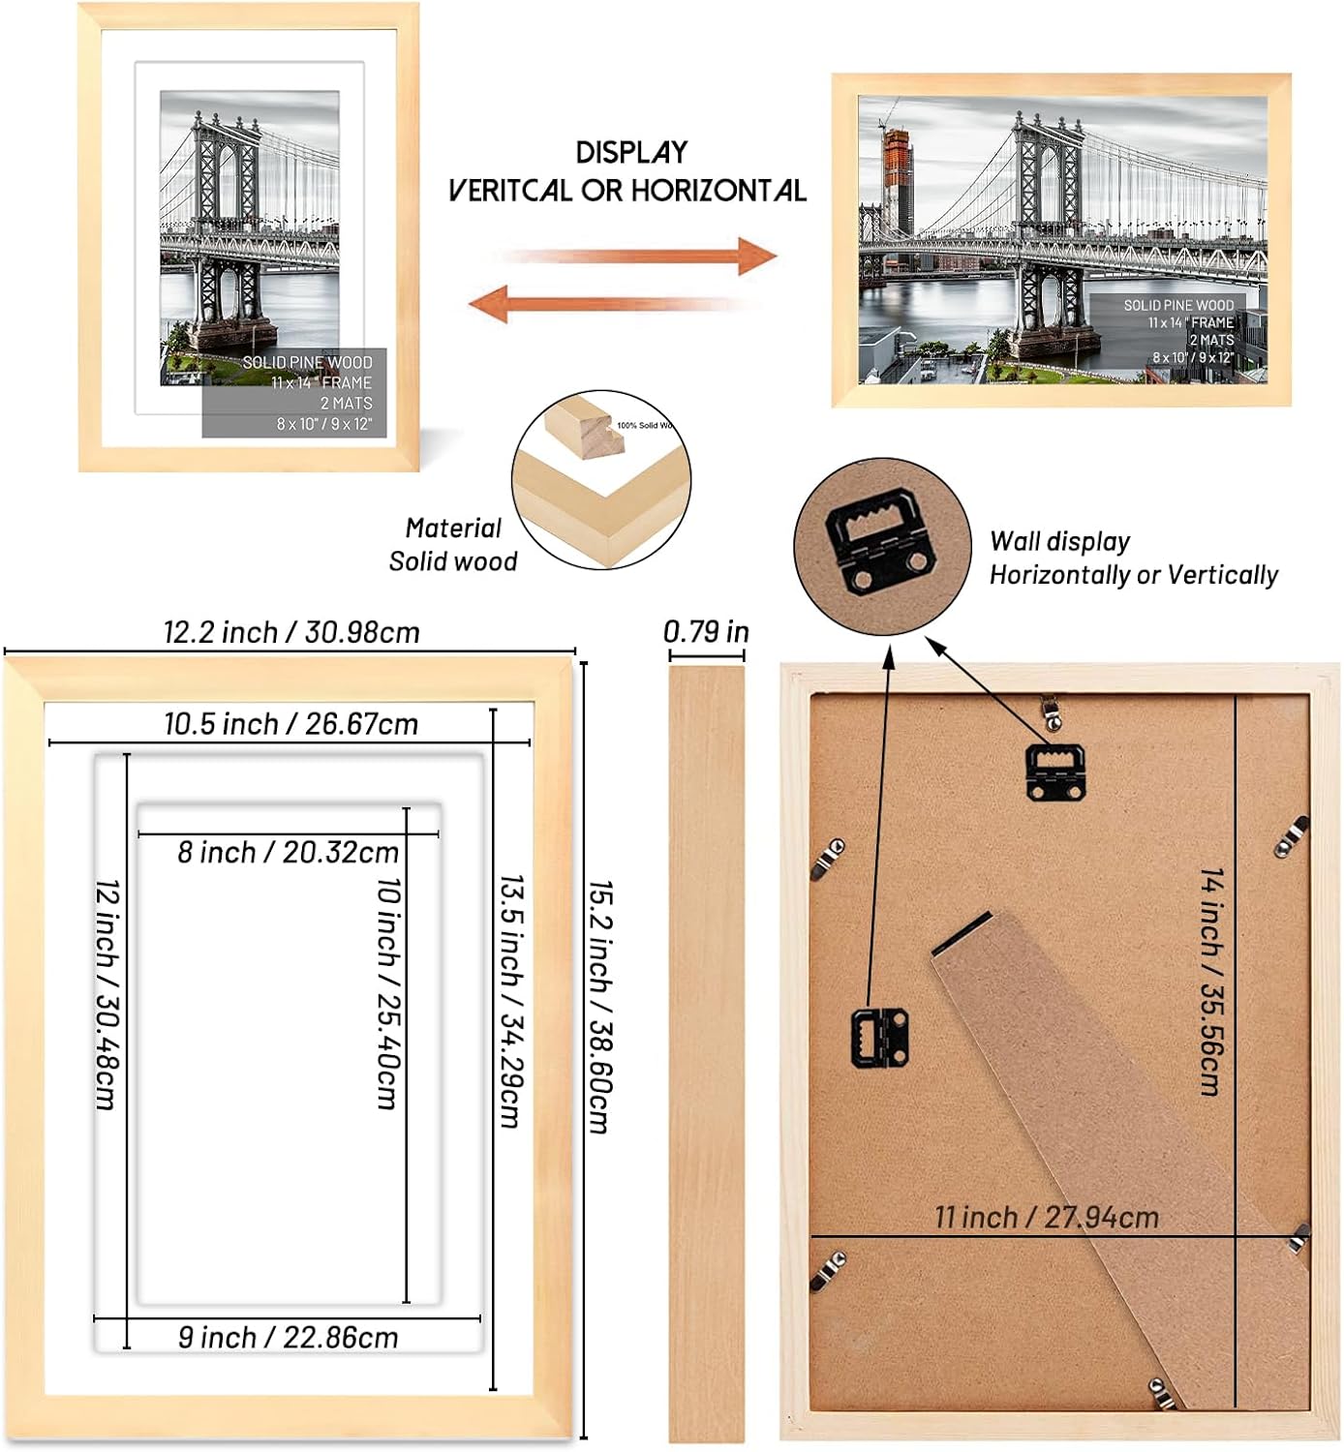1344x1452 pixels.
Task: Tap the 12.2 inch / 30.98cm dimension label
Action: point(291,632)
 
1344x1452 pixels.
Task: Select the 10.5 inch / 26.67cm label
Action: point(290,723)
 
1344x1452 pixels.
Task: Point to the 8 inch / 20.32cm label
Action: point(288,852)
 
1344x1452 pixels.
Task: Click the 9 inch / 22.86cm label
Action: point(288,1337)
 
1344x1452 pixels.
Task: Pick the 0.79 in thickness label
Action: point(706,631)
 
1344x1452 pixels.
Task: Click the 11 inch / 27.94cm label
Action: point(1046,1217)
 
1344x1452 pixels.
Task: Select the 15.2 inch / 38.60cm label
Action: point(600,1007)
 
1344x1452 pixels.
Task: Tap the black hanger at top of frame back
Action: point(1054,771)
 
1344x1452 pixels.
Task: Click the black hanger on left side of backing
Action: point(879,1037)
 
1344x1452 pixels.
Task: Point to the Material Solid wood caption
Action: point(452,544)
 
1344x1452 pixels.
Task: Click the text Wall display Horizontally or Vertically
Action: point(1133,559)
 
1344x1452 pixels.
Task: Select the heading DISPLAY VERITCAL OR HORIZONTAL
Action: point(627,171)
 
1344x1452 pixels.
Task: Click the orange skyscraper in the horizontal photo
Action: point(898,184)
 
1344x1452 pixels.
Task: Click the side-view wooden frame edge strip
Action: point(707,1055)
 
